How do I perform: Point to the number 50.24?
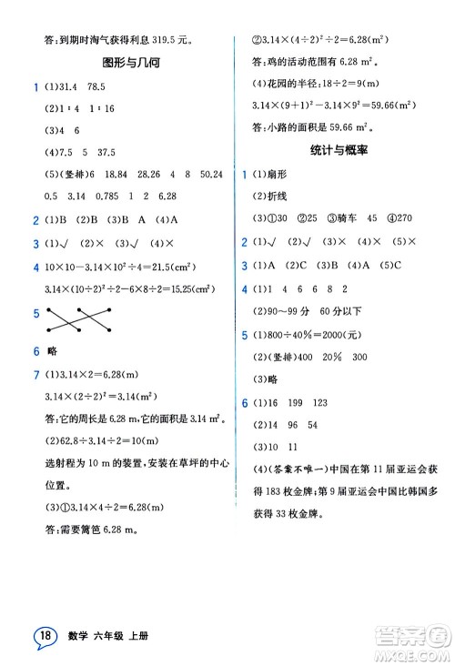click(x=211, y=175)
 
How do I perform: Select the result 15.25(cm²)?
click(x=180, y=290)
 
